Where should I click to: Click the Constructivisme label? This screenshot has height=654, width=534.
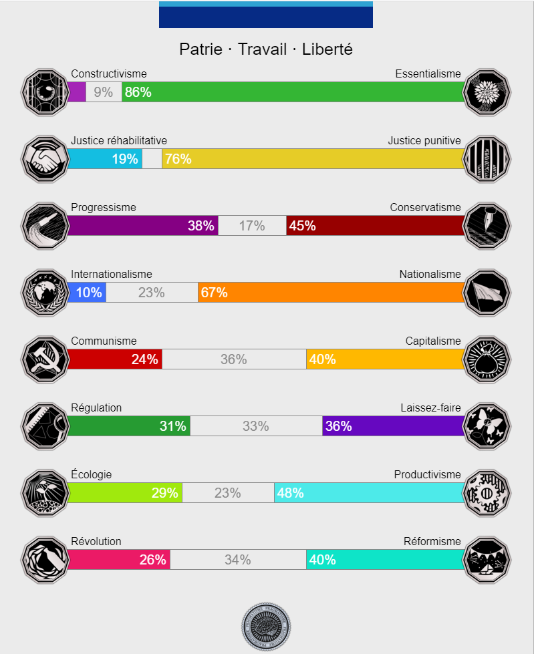tap(108, 74)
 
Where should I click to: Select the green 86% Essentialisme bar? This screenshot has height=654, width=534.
tap(293, 92)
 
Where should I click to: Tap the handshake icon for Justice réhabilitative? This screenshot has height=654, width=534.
tap(45, 159)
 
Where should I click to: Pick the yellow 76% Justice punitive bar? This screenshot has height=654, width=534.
tap(313, 159)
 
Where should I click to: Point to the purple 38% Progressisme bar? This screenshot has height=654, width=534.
tap(143, 226)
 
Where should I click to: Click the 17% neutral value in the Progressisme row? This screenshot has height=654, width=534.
tap(252, 226)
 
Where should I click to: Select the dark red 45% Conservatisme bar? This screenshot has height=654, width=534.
tap(375, 226)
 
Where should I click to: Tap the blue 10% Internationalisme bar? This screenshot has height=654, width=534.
tap(87, 293)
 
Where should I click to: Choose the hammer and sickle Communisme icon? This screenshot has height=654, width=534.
tap(45, 359)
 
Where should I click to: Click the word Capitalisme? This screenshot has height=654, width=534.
tap(433, 341)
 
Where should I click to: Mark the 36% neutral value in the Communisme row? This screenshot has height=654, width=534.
tap(234, 359)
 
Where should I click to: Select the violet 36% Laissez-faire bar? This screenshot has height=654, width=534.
tap(393, 426)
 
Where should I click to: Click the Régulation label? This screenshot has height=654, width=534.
tap(96, 408)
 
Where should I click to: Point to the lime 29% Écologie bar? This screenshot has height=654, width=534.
tap(125, 493)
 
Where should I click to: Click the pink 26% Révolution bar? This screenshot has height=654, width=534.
tap(119, 560)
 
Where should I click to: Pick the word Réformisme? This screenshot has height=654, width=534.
tap(432, 542)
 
